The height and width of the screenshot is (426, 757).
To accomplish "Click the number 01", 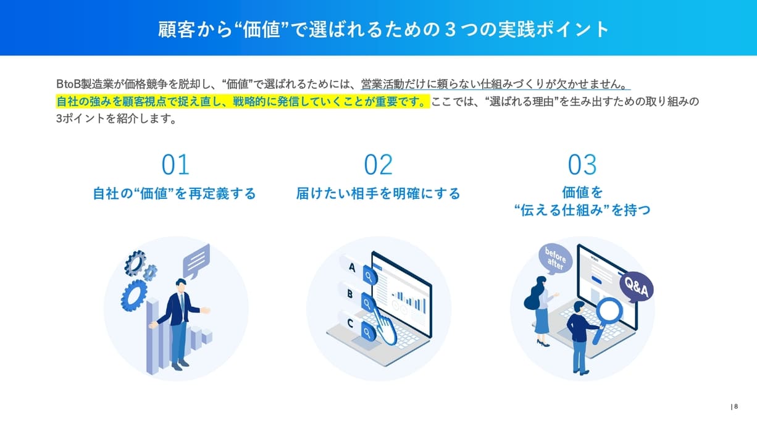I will tap(175, 165).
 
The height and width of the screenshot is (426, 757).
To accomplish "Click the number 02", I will tap(378, 165).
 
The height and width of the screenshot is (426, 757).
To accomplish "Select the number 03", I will tap(582, 165).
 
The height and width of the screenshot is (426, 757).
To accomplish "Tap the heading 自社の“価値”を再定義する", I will tap(174, 194).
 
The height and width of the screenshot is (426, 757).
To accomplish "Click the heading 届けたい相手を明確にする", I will tap(378, 194).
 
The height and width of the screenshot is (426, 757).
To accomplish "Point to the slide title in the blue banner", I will tap(378, 29).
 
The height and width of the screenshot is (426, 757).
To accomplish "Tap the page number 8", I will tap(736, 406).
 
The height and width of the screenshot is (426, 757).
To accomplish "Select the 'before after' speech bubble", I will tap(555, 258).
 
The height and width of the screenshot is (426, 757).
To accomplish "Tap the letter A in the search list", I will tap(353, 268).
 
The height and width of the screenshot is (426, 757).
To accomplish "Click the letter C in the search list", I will tap(350, 322).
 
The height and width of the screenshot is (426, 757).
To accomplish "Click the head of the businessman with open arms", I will tap(180, 285).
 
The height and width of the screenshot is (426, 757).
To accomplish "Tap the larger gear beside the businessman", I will tap(133, 295).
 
